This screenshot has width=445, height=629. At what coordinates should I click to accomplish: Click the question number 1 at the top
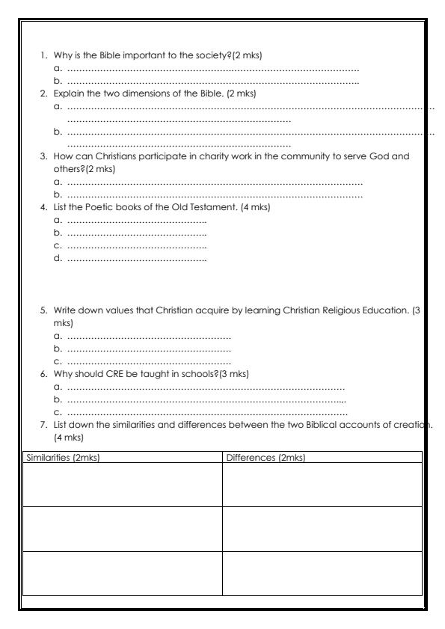coord(43,55)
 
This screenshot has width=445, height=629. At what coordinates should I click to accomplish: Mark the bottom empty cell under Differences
coord(322,573)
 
